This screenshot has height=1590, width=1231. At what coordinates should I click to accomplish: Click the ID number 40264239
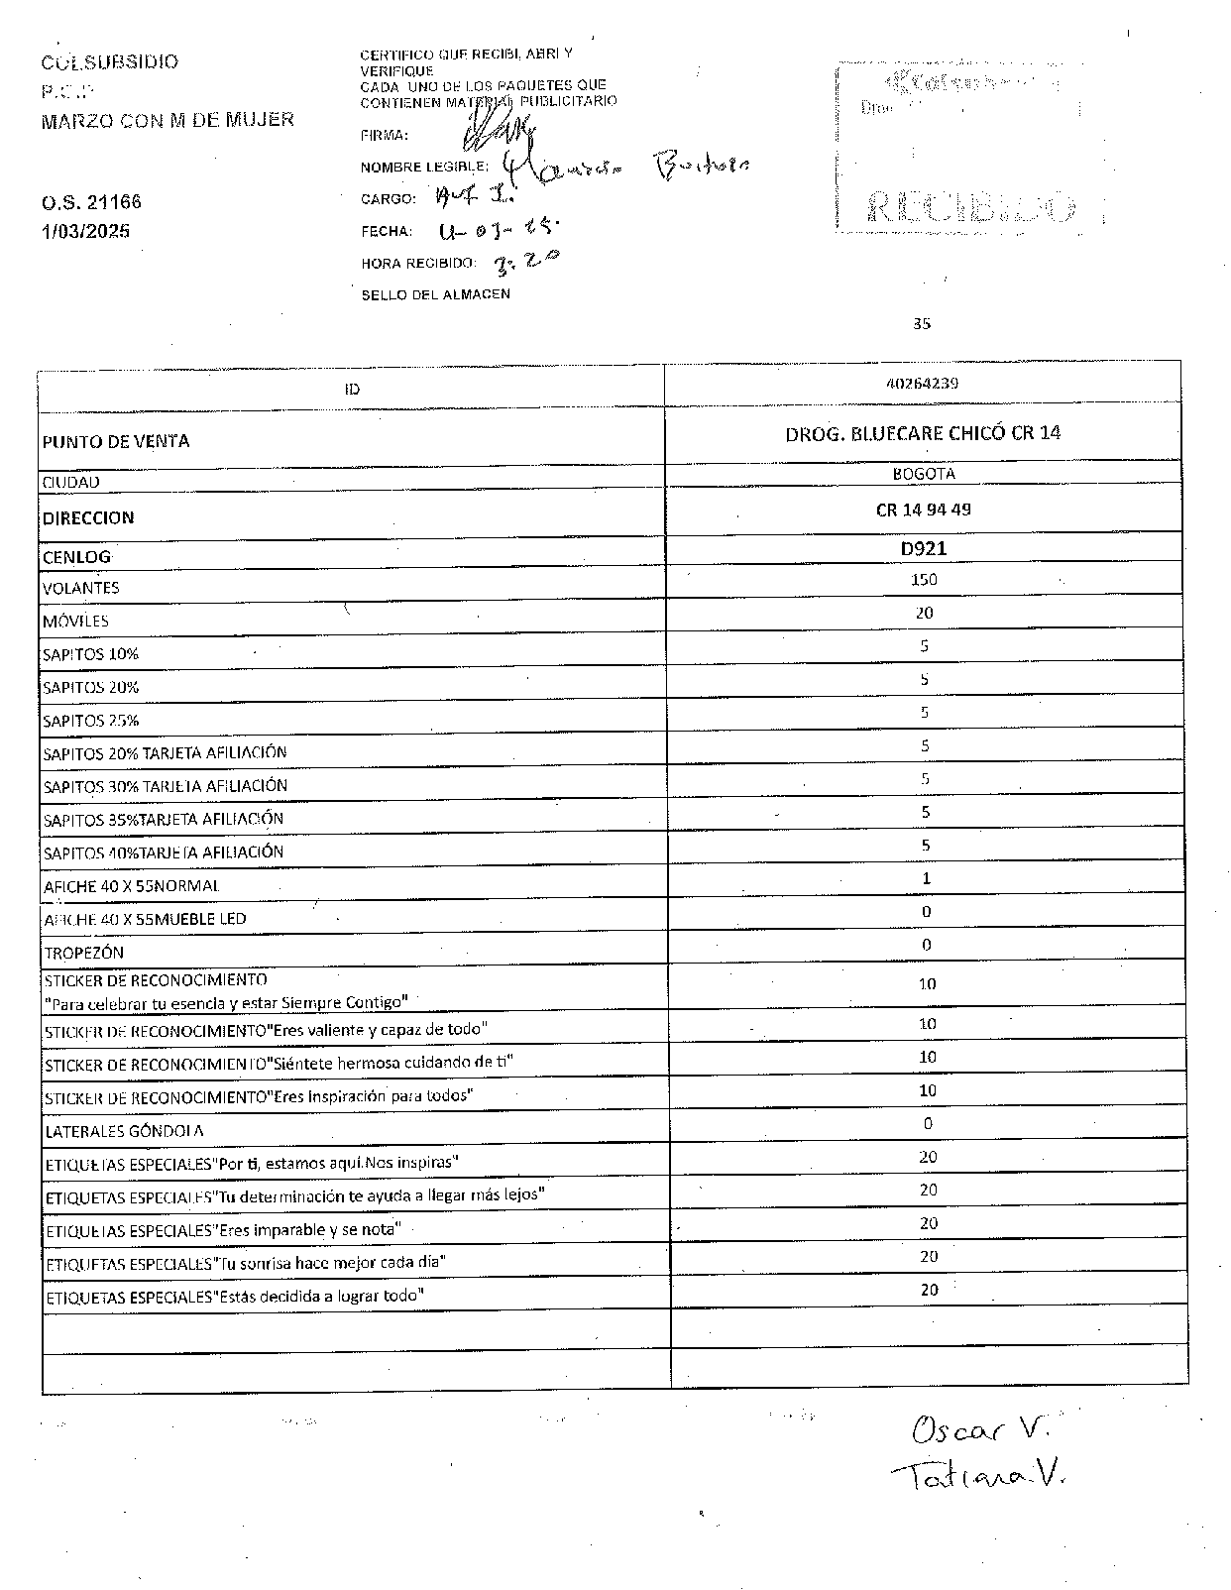tap(922, 384)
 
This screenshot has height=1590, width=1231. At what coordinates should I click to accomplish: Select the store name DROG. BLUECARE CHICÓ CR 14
tap(923, 433)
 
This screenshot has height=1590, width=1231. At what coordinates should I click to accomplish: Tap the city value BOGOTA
tap(924, 474)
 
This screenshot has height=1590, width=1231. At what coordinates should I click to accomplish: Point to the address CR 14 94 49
tap(924, 510)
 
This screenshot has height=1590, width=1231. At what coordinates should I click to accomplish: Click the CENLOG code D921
tap(924, 548)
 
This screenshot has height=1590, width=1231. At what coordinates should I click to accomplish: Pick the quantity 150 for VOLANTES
tap(924, 580)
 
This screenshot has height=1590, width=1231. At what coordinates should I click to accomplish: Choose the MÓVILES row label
tap(75, 622)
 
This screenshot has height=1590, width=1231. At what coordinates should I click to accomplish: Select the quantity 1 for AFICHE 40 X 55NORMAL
tap(926, 878)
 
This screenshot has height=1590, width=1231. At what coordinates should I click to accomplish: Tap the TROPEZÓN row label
tap(84, 954)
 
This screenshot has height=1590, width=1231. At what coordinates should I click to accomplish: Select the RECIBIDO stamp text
tap(970, 207)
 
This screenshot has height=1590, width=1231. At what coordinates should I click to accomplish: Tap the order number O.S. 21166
tap(91, 202)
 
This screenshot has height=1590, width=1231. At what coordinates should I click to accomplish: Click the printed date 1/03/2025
tap(85, 232)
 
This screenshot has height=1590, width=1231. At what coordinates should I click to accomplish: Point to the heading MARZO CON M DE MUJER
tap(168, 120)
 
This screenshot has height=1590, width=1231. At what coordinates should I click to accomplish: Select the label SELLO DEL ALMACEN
tap(435, 294)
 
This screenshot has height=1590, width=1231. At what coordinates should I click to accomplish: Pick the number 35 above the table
tap(922, 323)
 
